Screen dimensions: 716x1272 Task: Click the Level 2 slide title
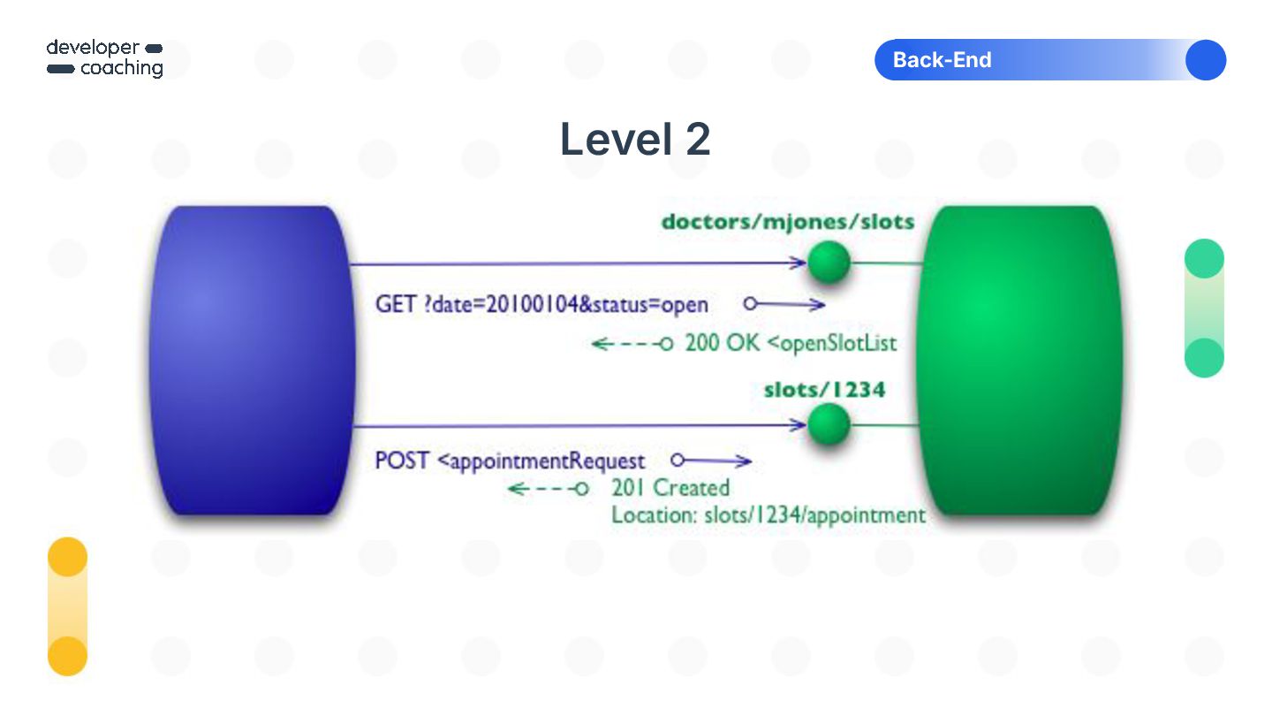coord(635,140)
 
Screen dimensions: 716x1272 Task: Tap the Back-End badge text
coord(942,60)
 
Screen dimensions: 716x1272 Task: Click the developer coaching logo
coord(104,58)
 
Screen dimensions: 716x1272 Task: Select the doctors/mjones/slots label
coord(788,222)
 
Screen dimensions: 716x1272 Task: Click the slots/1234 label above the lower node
coord(823,389)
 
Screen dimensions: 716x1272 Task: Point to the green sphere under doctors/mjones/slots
coord(829,262)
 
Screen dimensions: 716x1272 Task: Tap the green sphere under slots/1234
coord(829,424)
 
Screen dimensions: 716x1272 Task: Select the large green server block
coord(1016,360)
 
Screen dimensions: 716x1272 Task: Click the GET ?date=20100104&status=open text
coord(541,305)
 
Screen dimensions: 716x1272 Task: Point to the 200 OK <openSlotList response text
coord(791,343)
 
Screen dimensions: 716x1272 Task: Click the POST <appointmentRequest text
coord(510,461)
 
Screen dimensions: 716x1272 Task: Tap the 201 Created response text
coord(670,488)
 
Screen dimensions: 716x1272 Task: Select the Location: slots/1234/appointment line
coord(768,514)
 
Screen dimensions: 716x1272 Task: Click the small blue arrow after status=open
coord(784,304)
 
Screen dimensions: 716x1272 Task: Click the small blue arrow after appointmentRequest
coord(711,461)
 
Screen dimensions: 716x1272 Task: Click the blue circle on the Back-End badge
coord(1206,60)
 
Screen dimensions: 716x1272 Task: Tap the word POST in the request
coord(402,461)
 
